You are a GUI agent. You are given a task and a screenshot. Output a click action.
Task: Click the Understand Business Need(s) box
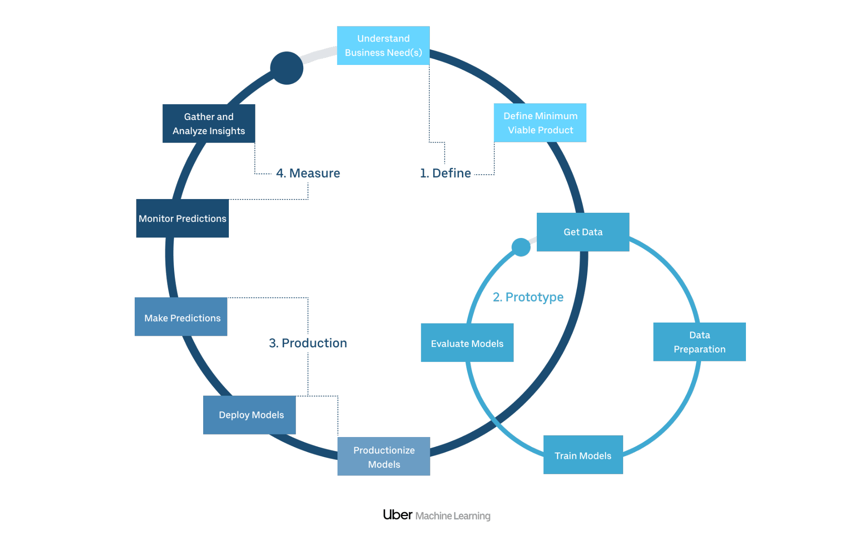(x=383, y=46)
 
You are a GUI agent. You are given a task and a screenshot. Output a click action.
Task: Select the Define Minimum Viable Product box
(x=540, y=123)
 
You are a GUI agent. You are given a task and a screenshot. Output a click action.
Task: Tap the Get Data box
(x=583, y=232)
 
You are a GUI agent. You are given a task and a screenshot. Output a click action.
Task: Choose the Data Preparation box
(x=699, y=342)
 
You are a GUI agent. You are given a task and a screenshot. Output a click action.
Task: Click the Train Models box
(x=583, y=455)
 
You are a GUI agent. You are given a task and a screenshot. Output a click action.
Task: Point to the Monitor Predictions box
(x=182, y=218)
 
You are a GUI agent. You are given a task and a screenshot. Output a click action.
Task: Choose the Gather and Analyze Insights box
(x=209, y=123)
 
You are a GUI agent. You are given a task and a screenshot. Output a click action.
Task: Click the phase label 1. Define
(x=445, y=173)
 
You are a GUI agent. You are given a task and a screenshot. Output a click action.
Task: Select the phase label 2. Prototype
(x=528, y=297)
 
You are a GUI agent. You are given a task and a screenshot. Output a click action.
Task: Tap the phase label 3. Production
(x=308, y=343)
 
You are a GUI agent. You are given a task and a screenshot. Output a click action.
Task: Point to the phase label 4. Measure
(x=308, y=173)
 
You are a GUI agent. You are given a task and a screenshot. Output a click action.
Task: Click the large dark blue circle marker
(x=287, y=68)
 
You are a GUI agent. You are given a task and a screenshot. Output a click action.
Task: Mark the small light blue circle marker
(x=521, y=247)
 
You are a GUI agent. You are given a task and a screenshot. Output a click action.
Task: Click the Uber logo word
(x=397, y=515)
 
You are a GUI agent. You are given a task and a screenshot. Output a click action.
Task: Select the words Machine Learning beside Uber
(x=453, y=516)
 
